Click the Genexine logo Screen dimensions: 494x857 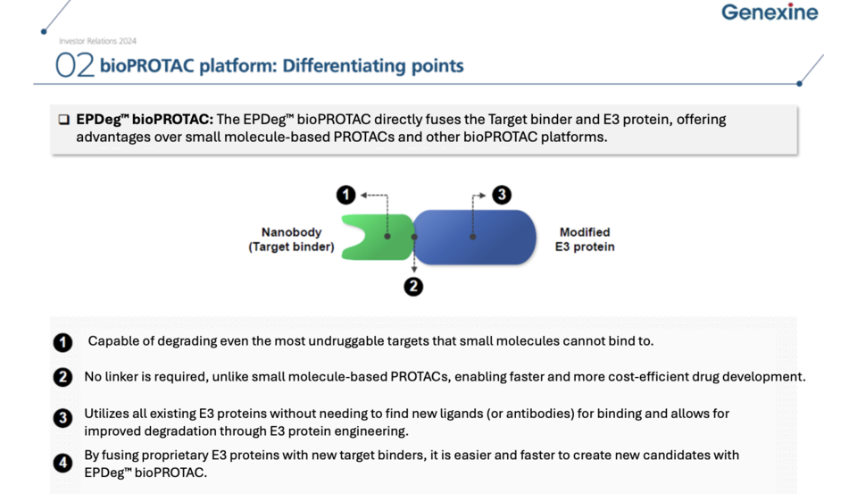click(x=770, y=13)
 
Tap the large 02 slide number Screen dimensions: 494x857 click(x=75, y=65)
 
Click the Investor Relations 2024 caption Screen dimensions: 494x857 click(x=97, y=41)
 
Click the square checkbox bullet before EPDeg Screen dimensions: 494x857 click(x=63, y=120)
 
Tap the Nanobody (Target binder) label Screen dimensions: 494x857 click(x=291, y=239)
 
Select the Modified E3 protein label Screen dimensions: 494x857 click(x=585, y=239)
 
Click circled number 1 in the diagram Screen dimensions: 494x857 click(x=346, y=195)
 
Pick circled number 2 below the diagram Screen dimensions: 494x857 click(x=413, y=287)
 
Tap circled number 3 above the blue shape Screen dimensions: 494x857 click(x=502, y=195)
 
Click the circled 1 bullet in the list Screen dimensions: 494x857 click(x=62, y=342)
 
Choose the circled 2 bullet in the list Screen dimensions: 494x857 click(x=62, y=377)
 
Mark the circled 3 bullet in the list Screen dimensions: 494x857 click(x=62, y=417)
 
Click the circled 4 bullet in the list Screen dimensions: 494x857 click(x=62, y=463)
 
